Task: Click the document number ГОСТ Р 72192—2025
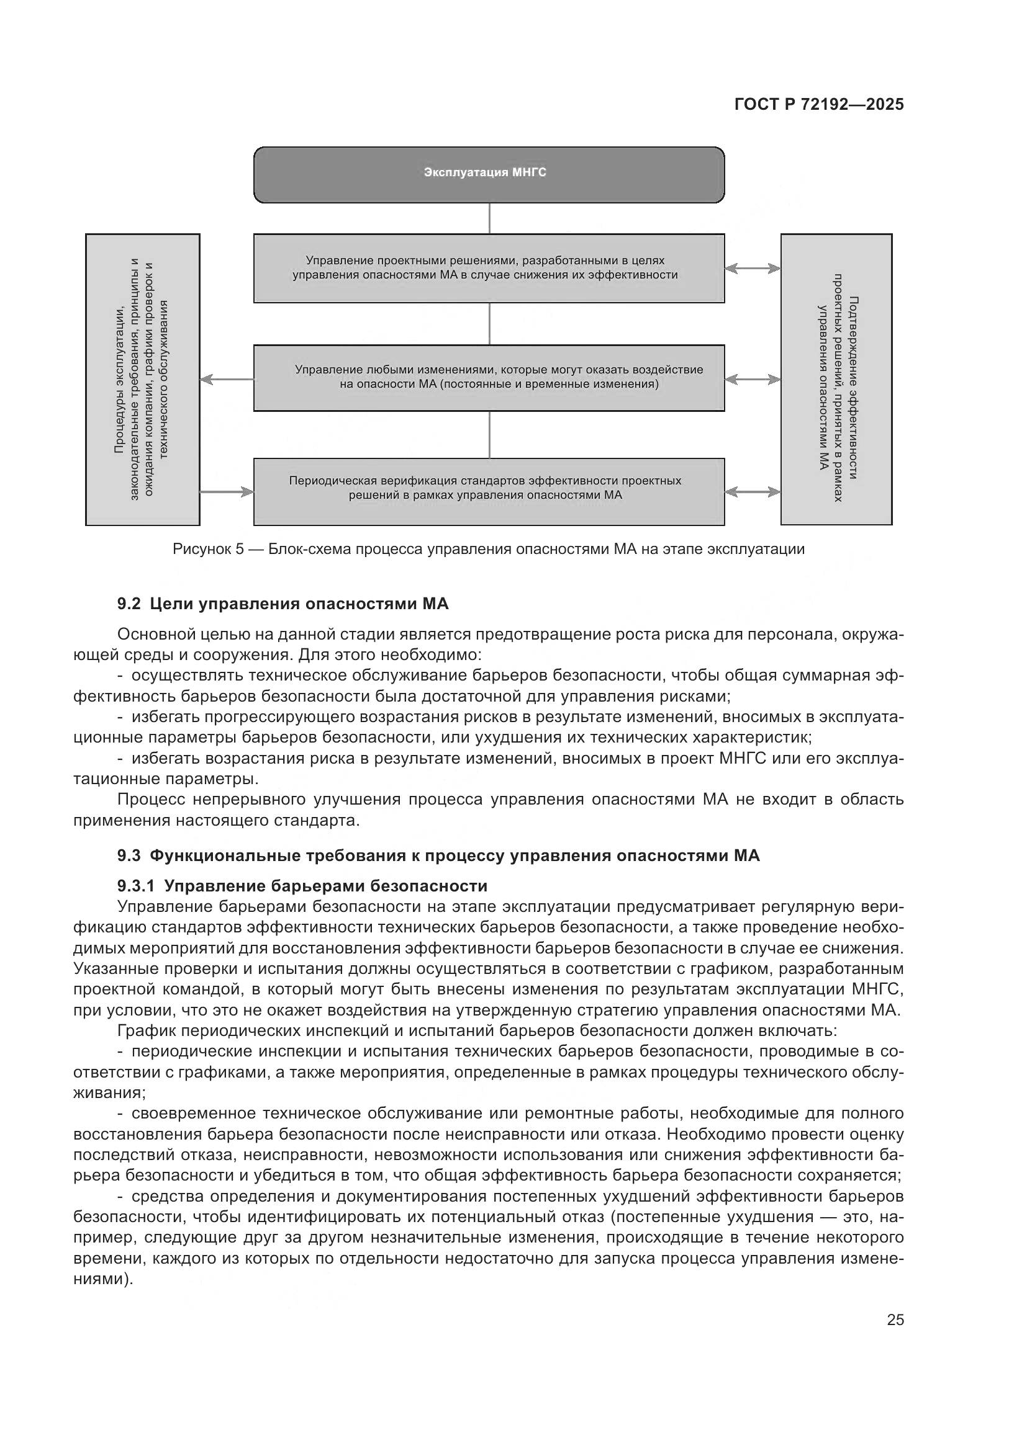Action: (x=819, y=105)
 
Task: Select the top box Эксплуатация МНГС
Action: (x=489, y=174)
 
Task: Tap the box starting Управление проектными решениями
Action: (x=489, y=268)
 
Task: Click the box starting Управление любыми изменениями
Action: (x=489, y=378)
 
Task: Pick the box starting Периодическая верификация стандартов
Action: (x=489, y=491)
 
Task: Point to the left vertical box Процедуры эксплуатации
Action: (x=142, y=379)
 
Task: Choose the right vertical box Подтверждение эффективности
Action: (x=836, y=379)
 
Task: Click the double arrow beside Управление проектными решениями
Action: (x=753, y=269)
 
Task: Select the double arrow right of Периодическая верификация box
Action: (x=753, y=492)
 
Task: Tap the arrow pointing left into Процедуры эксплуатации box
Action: (x=227, y=379)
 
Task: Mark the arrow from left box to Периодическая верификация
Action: (x=227, y=492)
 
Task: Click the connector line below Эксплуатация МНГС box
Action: (x=489, y=218)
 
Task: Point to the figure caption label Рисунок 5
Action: (x=208, y=549)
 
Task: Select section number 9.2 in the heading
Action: (x=129, y=604)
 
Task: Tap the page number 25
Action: (x=895, y=1319)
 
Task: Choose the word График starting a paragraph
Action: (x=147, y=1031)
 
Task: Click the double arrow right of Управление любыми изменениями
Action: (x=753, y=379)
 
